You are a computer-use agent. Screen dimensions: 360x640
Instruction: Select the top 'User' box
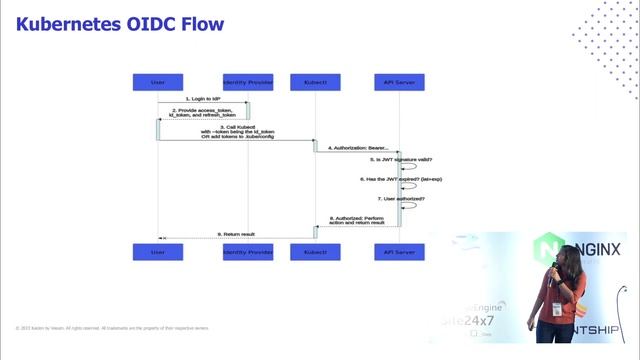point(157,81)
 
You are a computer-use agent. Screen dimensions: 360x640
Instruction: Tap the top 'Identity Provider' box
point(247,81)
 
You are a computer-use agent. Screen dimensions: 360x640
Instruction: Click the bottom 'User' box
point(157,252)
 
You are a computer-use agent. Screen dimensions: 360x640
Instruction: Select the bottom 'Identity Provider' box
point(247,252)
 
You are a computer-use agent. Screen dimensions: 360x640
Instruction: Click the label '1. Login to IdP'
point(202,99)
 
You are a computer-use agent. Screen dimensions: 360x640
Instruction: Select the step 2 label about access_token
point(202,113)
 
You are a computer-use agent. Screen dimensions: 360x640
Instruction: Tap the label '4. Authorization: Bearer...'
point(358,147)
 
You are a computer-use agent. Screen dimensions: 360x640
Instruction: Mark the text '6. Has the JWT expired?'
point(397,179)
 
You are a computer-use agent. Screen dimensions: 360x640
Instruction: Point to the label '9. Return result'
point(238,233)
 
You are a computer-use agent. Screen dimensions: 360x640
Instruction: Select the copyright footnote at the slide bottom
point(112,327)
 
